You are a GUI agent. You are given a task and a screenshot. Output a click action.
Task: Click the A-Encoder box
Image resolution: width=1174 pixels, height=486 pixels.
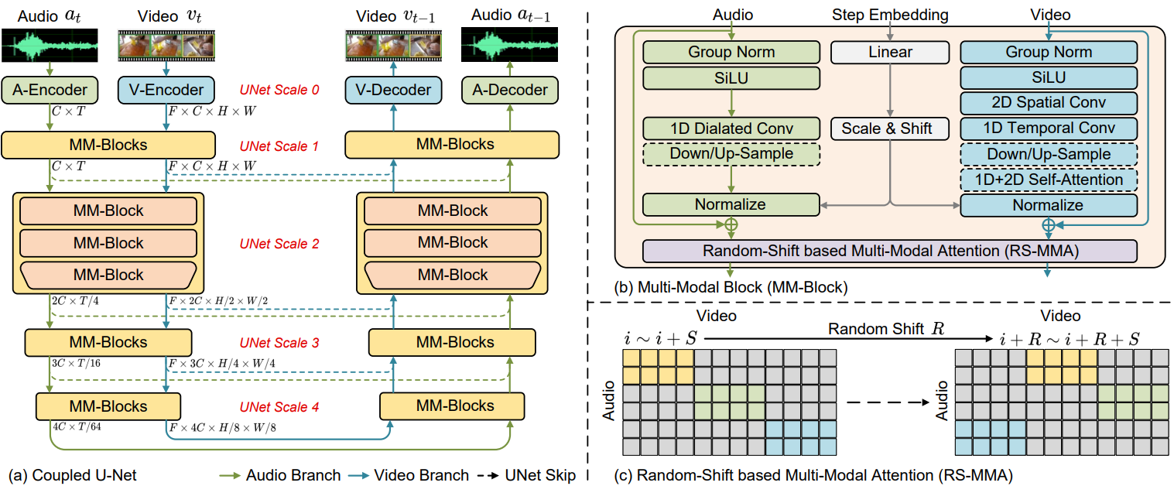point(50,91)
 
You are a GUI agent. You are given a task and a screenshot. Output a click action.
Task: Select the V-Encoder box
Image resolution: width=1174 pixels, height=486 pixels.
point(166,91)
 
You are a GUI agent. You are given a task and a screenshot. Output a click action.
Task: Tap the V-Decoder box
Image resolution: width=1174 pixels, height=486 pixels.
point(394,91)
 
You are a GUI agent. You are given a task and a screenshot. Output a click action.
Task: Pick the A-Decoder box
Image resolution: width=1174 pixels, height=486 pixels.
point(510,91)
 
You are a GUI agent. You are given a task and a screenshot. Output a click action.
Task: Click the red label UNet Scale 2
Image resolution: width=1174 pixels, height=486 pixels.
point(279,244)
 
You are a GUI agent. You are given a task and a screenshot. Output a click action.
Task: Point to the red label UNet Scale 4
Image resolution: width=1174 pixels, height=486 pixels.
point(279,407)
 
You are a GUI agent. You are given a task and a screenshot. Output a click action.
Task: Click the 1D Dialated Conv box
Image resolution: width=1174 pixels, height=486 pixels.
point(731,128)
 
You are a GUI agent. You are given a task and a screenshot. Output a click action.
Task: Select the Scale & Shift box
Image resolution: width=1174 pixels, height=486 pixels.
point(890,128)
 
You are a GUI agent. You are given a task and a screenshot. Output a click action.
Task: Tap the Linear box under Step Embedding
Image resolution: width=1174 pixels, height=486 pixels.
point(890,53)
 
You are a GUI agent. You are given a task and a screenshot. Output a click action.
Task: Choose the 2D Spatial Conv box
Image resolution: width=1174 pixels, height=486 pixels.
point(1049,103)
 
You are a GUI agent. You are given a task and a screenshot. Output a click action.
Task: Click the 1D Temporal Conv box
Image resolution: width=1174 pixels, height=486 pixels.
point(1049,128)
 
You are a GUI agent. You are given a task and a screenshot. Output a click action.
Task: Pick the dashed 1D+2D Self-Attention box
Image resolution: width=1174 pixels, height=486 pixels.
point(1049,180)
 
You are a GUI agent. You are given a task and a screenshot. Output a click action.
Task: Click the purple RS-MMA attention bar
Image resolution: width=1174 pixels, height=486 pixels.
point(890,252)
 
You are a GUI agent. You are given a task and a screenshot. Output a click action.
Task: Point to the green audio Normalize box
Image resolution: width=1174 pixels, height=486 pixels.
point(731,204)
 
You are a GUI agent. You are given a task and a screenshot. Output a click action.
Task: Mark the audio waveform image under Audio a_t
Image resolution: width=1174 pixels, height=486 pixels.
point(50,46)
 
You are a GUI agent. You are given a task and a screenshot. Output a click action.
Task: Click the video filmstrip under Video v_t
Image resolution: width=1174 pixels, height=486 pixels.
point(166,46)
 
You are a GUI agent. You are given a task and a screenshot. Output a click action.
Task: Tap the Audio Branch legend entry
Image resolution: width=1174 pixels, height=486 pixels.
point(280,475)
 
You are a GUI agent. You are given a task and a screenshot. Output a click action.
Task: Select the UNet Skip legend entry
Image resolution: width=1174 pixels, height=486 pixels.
point(526,475)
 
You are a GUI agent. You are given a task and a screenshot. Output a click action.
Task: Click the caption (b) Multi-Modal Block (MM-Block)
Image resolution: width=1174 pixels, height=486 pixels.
point(731,287)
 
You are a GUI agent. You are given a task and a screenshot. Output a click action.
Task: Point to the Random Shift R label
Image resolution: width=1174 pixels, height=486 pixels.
point(886,329)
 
